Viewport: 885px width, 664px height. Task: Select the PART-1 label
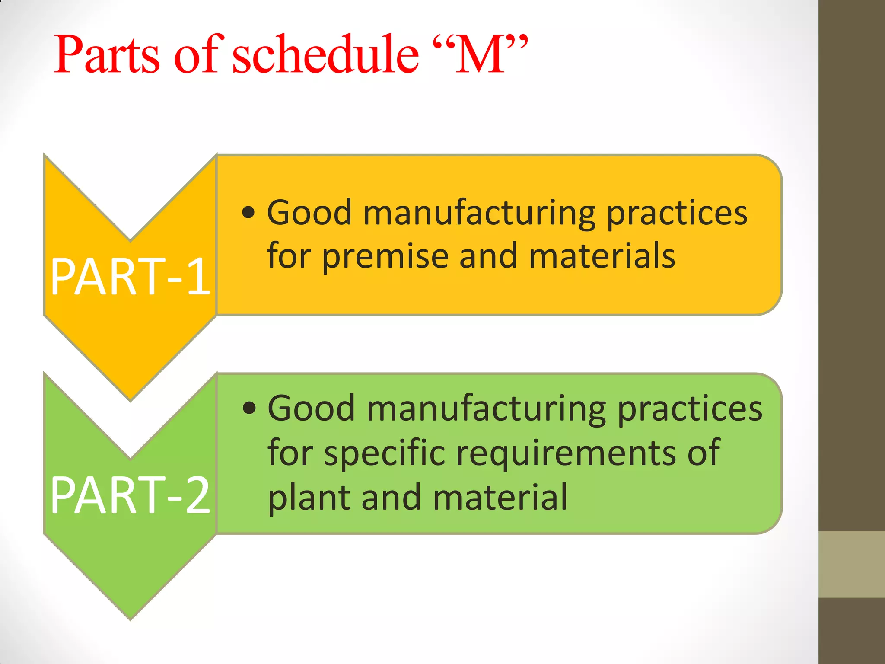coord(130,277)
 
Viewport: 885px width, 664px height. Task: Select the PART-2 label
coord(130,495)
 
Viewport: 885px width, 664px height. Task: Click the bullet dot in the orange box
coord(248,212)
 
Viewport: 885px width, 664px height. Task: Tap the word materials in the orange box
coord(602,256)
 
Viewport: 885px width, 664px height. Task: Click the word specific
coord(385,453)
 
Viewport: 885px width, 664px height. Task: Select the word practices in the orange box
coord(677,213)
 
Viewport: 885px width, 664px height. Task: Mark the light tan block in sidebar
coord(851,564)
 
